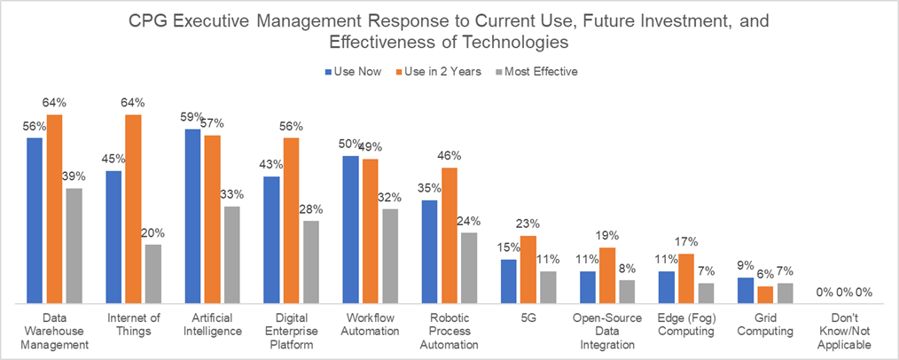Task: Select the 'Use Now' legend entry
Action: (355, 72)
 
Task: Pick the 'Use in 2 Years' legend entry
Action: (443, 72)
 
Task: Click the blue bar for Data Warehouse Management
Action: (35, 221)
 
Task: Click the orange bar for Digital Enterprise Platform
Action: (291, 221)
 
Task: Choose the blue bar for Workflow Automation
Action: (350, 230)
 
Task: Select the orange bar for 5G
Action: (528, 270)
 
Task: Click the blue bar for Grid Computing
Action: (746, 291)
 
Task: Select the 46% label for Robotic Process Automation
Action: (449, 155)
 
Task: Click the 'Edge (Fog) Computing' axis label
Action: (686, 325)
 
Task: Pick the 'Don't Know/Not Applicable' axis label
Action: (844, 332)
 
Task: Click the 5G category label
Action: (528, 317)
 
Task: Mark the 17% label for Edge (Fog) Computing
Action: (686, 241)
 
